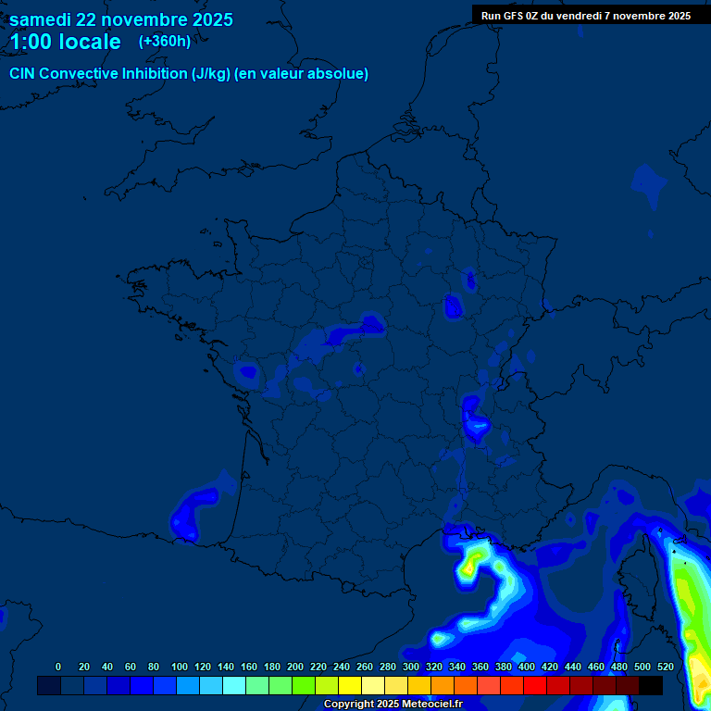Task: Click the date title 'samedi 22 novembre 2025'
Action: pos(120,19)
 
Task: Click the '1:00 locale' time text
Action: pos(65,43)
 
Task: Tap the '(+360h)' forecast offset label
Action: pos(165,42)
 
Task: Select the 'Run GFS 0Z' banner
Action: pos(585,16)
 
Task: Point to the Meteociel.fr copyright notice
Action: pos(393,705)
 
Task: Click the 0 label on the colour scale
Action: pos(58,667)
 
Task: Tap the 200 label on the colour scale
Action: pos(294,667)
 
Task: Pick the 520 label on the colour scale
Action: pos(665,667)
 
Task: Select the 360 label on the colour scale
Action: pos(480,667)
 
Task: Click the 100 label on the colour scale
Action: pos(179,667)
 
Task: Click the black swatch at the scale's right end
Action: pos(651,686)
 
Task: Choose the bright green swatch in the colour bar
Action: pos(304,686)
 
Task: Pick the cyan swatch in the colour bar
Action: pos(234,686)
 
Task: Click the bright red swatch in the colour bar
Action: pos(535,686)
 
